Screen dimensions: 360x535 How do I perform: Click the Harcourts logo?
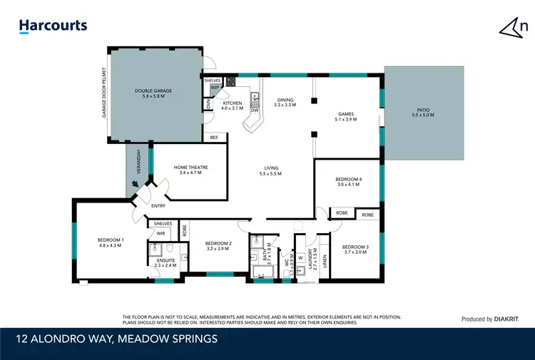53,26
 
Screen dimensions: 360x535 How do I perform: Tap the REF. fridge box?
213,138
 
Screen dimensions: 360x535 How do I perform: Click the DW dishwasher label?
254,110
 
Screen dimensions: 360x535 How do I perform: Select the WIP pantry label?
214,88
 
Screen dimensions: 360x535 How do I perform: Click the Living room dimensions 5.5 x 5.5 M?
270,173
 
